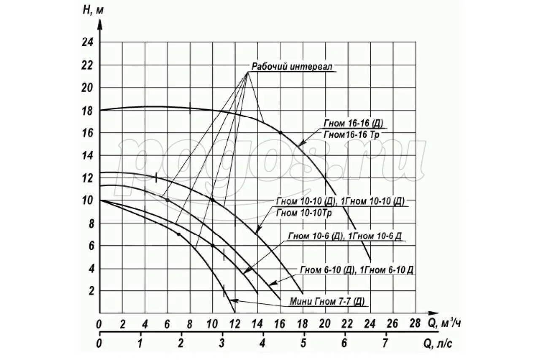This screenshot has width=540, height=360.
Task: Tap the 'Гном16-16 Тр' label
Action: tap(353, 134)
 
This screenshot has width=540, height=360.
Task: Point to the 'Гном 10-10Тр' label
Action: tap(304, 213)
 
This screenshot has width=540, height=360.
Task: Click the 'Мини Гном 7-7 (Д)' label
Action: tap(327, 301)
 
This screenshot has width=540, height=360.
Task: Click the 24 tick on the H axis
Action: tap(87, 43)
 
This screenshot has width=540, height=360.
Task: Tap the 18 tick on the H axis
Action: tap(87, 111)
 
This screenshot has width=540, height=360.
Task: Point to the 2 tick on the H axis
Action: tap(89, 291)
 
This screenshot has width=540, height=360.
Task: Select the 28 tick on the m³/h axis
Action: tap(415, 324)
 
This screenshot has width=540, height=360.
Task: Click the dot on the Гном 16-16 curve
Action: tap(280, 133)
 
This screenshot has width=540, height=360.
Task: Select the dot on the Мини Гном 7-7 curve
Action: tap(178, 234)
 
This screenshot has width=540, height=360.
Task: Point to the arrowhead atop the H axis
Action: tap(100, 24)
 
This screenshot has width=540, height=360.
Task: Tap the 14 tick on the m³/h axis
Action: tap(257, 324)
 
